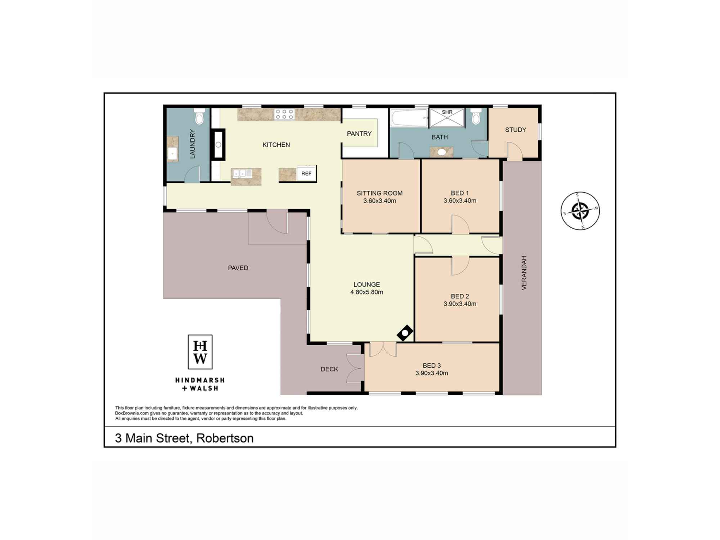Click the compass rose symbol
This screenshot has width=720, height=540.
tap(580, 211)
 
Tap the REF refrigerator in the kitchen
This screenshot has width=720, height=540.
tap(306, 173)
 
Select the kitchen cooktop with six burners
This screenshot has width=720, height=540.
tap(284, 114)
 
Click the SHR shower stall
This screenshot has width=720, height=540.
tap(447, 117)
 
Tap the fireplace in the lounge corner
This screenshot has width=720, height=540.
tap(405, 333)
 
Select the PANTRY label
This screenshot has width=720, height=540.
tap(359, 134)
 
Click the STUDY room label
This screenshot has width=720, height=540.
tap(516, 130)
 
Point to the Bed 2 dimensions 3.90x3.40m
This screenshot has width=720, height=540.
tap(460, 304)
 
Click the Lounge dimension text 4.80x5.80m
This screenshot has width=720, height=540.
tap(366, 292)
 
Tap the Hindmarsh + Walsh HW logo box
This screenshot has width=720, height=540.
tap(200, 352)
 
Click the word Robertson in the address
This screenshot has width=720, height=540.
tap(225, 438)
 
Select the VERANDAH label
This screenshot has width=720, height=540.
tap(524, 273)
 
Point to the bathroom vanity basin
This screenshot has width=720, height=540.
tap(441, 152)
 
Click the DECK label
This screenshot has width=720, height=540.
tap(329, 369)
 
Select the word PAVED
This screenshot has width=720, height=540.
tap(238, 268)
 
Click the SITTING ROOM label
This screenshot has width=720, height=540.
tap(379, 193)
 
